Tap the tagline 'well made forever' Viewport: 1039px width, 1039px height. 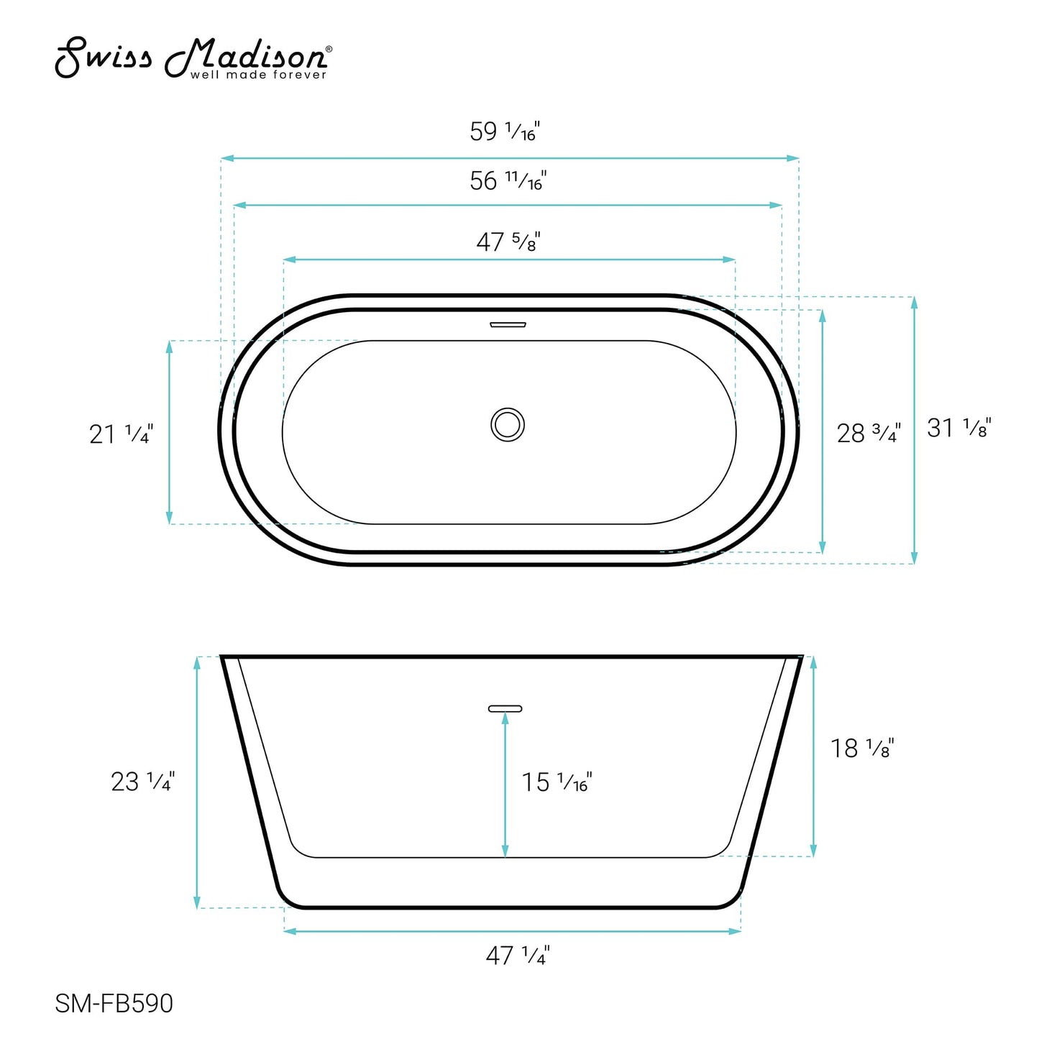(x=258, y=75)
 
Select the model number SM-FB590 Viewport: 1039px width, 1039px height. (x=114, y=1003)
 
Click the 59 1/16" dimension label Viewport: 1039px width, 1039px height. (x=504, y=132)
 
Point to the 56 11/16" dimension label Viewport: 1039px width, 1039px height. (x=508, y=180)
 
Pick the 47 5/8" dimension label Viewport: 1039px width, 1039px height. (x=508, y=242)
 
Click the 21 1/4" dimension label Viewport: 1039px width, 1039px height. (x=121, y=434)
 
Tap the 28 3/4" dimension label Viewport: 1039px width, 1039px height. (x=868, y=433)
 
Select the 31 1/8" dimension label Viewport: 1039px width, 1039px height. (x=958, y=428)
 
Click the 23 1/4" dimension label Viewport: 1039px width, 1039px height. (x=142, y=782)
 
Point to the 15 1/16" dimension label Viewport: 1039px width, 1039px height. (x=556, y=782)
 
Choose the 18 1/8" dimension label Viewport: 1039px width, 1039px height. (x=862, y=749)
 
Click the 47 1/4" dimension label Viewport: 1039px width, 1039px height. (x=517, y=956)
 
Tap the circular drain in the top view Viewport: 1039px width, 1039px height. (x=508, y=424)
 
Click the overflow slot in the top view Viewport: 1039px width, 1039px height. (x=508, y=324)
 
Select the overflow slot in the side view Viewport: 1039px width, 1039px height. (x=505, y=708)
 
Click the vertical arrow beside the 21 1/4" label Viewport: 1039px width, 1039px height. (x=170, y=432)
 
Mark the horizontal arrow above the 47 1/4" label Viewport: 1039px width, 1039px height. (x=512, y=931)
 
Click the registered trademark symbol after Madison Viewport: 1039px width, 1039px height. (x=329, y=49)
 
